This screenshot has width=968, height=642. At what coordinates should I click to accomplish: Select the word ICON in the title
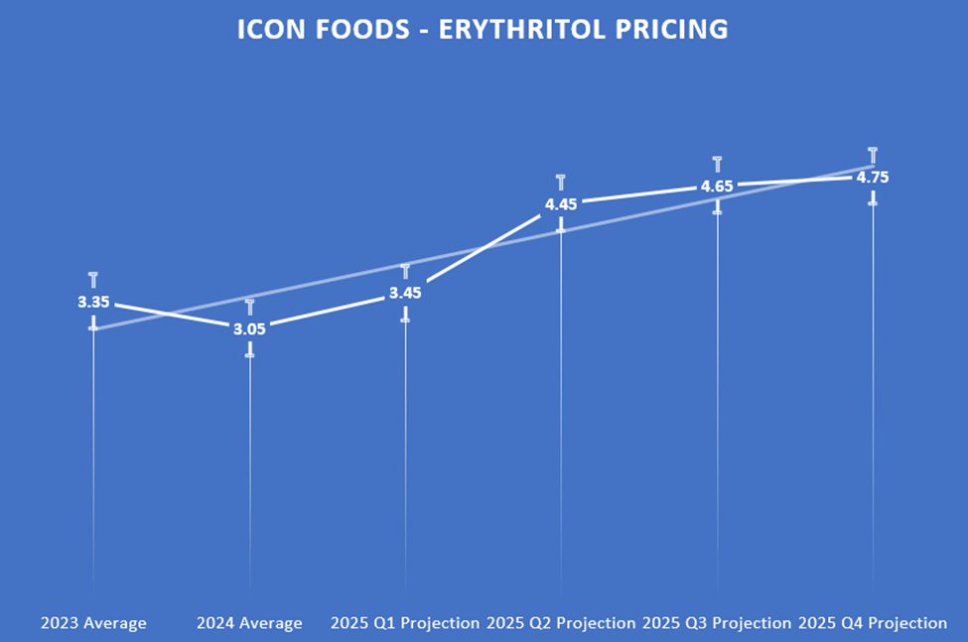point(267,29)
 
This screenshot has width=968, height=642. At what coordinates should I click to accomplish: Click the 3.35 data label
point(93,303)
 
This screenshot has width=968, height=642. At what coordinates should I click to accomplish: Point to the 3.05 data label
point(249,328)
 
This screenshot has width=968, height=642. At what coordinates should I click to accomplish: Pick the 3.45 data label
point(405,293)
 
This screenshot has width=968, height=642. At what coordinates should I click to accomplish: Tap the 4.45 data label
point(561,204)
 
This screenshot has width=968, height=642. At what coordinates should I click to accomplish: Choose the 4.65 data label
point(717,186)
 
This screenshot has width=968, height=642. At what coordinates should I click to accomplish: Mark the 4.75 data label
point(873,178)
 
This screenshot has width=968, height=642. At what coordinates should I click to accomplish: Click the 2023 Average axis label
point(93,623)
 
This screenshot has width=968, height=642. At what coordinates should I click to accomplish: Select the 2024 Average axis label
point(249,623)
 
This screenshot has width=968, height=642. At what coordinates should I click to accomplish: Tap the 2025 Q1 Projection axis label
point(405,623)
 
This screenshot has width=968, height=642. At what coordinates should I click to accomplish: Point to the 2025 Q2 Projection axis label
point(561,623)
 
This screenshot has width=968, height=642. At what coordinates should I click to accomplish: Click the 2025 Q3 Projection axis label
point(717,623)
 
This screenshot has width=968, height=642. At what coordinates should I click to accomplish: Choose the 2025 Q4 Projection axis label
point(873,623)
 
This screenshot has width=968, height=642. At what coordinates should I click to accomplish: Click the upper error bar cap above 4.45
point(561,178)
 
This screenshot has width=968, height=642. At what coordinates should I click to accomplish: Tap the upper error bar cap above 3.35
point(93,274)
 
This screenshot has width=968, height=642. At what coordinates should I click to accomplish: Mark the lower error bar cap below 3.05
point(249,354)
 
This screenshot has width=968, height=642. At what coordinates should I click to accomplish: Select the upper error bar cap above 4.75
point(873,150)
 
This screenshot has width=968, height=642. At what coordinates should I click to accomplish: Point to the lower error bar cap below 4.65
point(717,211)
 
